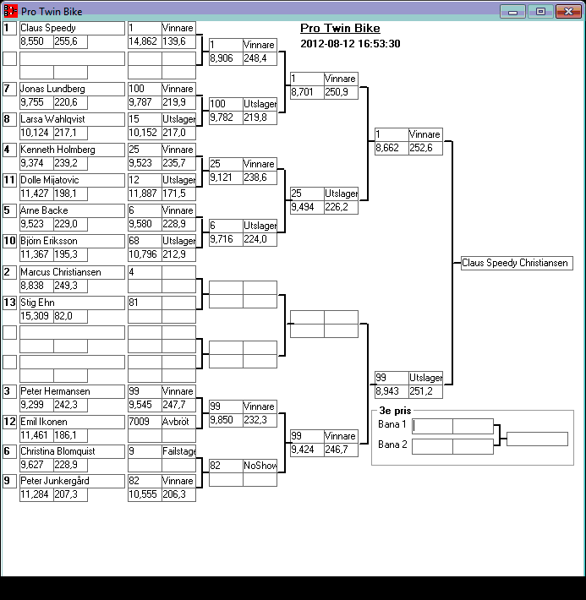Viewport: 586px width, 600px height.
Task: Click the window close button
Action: pyautogui.click(x=565, y=11)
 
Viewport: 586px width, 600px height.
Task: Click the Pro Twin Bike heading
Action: pyautogui.click(x=340, y=29)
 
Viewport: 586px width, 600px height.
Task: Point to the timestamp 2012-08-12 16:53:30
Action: pyautogui.click(x=350, y=44)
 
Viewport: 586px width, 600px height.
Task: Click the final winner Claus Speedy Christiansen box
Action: pyautogui.click(x=516, y=264)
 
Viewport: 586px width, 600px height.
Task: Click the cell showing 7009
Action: pyautogui.click(x=144, y=422)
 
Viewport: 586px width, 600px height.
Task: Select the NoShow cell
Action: pyautogui.click(x=260, y=466)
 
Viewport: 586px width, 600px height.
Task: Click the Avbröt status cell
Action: pyautogui.click(x=178, y=422)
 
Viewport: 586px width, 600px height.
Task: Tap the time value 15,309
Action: pyautogui.click(x=36, y=316)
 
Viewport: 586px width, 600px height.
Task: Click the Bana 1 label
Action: pyautogui.click(x=392, y=424)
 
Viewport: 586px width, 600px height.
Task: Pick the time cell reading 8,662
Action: pyautogui.click(x=391, y=148)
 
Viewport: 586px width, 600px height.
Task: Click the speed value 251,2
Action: pyautogui.click(x=425, y=391)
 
